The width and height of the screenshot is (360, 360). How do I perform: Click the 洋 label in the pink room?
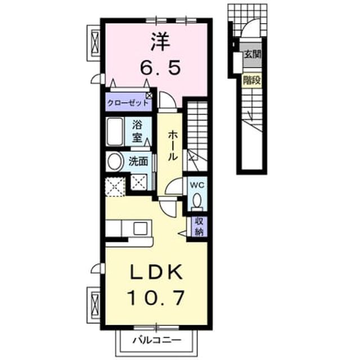tap(160, 42)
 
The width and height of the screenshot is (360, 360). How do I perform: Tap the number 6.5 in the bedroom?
tap(160, 67)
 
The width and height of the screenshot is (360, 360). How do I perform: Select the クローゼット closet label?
tap(128, 102)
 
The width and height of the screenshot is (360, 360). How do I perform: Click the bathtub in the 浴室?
tap(115, 131)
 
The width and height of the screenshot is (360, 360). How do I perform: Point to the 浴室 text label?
tap(137, 131)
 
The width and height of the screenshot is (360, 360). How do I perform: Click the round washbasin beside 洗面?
tap(115, 161)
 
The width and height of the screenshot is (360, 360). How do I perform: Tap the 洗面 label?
tap(138, 161)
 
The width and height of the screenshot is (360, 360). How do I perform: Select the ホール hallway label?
tap(173, 146)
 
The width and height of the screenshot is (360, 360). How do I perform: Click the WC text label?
tap(197, 185)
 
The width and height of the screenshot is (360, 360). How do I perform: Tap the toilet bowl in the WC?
tap(197, 200)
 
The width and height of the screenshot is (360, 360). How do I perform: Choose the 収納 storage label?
tap(199, 226)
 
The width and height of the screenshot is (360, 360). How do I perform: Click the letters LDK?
tap(157, 272)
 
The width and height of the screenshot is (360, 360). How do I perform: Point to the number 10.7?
tap(156, 298)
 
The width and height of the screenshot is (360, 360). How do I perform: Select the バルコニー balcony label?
tap(157, 340)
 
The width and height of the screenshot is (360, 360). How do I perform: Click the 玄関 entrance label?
tap(253, 55)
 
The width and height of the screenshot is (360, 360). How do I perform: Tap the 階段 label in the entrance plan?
tap(252, 80)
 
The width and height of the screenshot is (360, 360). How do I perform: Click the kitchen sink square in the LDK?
tap(141, 228)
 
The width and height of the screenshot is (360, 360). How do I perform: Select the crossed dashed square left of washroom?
tap(115, 186)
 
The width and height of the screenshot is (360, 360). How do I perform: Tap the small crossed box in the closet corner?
tap(149, 96)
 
